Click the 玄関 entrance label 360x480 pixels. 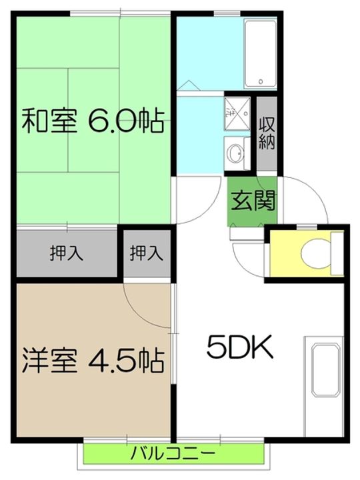pyautogui.click(x=253, y=199)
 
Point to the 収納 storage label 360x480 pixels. pyautogui.click(x=267, y=133)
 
